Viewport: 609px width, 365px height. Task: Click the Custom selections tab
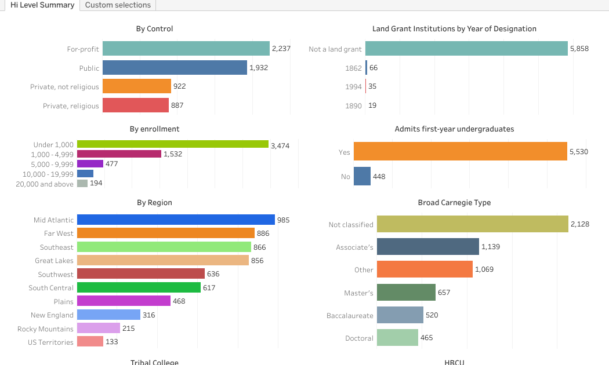coord(118,5)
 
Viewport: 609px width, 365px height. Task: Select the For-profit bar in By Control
coord(186,49)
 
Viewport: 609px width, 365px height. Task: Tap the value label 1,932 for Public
coord(259,68)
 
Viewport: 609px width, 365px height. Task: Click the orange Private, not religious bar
coord(137,86)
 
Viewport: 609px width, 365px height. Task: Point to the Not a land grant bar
coord(466,49)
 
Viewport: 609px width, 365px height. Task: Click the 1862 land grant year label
coord(353,68)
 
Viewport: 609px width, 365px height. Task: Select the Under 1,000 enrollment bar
coord(172,144)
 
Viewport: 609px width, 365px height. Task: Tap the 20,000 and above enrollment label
coord(45,184)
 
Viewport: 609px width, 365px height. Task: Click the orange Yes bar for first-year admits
coord(460,152)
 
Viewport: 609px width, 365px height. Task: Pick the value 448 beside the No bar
coord(379,177)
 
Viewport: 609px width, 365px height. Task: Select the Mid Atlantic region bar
coord(176,220)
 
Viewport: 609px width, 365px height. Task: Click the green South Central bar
coord(139,287)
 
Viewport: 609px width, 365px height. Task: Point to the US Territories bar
coord(90,342)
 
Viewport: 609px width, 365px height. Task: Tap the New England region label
coord(52,315)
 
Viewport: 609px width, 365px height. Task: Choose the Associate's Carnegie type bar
coord(427,247)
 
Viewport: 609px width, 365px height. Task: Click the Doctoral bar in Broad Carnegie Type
coord(397,338)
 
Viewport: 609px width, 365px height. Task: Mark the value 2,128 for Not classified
coord(580,224)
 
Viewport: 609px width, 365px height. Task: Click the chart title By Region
coord(154,203)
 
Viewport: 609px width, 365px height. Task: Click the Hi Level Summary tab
coord(42,5)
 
